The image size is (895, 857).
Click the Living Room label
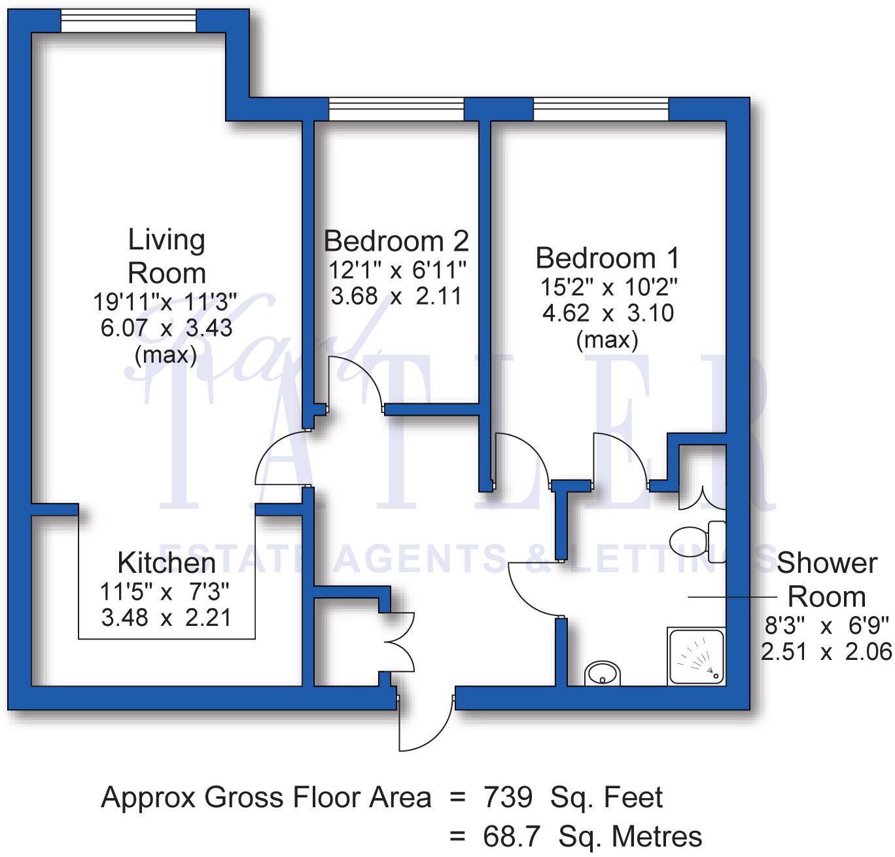(x=166, y=256)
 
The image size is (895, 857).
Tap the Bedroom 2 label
(x=396, y=241)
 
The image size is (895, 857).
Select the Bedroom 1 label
(x=607, y=258)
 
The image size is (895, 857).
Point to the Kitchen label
(x=166, y=563)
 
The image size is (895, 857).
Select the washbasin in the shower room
(x=603, y=673)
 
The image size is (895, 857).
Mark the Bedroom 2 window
(x=396, y=110)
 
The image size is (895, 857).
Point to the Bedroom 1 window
(x=601, y=110)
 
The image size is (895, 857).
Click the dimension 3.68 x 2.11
(x=396, y=297)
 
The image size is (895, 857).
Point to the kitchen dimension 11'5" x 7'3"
(x=165, y=592)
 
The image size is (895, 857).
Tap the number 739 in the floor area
(x=508, y=797)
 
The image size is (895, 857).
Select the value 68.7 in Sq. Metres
(x=512, y=837)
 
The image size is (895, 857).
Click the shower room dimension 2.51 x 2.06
(x=826, y=652)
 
